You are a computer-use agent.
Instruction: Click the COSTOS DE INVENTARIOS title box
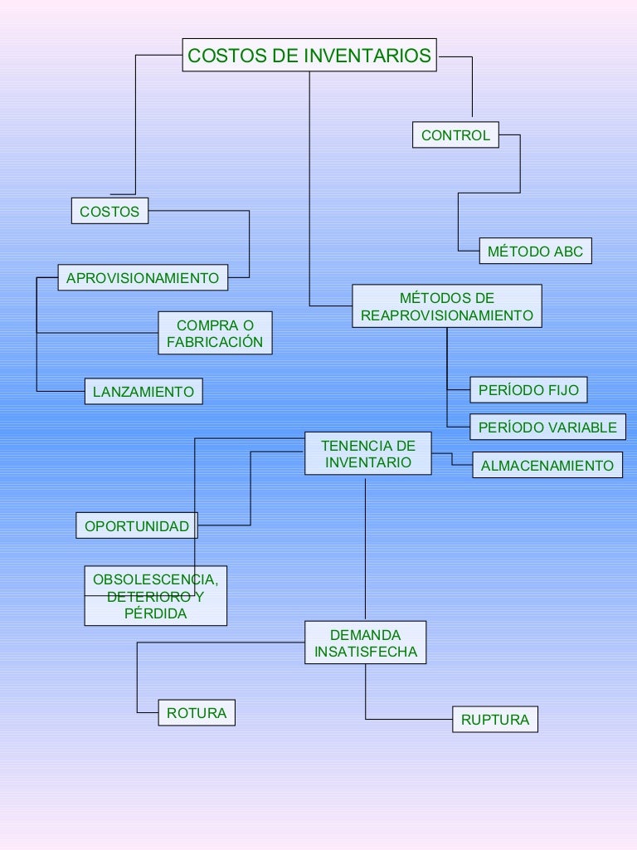click(x=309, y=56)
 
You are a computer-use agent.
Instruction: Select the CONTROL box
click(x=455, y=135)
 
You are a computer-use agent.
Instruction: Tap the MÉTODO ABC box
click(x=535, y=252)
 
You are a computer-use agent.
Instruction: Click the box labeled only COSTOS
click(x=109, y=212)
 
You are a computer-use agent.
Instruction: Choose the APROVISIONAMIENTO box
click(x=142, y=278)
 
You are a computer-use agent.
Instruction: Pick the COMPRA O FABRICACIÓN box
click(x=215, y=333)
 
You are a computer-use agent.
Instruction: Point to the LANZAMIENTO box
click(x=143, y=391)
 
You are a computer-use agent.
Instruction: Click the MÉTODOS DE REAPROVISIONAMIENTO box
click(x=446, y=306)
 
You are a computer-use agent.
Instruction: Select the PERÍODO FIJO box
click(x=528, y=390)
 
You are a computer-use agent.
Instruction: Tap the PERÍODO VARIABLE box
click(x=547, y=427)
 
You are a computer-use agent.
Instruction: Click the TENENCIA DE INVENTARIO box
click(x=367, y=454)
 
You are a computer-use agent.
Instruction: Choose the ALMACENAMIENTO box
click(x=547, y=466)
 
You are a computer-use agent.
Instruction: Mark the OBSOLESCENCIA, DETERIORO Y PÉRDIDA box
click(x=155, y=596)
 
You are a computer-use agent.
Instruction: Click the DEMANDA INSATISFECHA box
click(x=365, y=643)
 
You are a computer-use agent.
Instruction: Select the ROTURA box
click(x=197, y=713)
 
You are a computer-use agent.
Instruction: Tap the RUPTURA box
click(x=494, y=720)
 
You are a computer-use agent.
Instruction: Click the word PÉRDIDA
click(x=155, y=614)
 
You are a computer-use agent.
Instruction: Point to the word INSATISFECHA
click(x=365, y=652)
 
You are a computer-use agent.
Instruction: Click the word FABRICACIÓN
click(x=215, y=342)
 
